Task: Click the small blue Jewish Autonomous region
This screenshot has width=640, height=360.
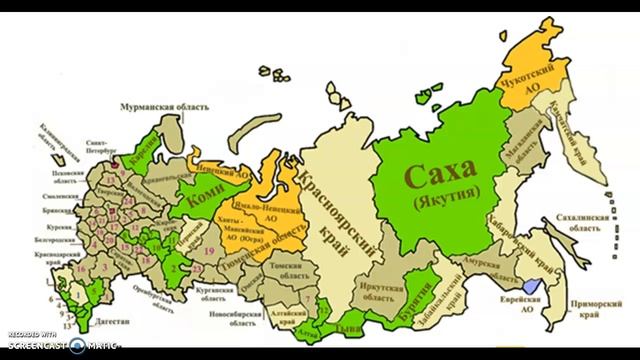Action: [546, 287]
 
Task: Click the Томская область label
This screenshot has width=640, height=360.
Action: [306, 267]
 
